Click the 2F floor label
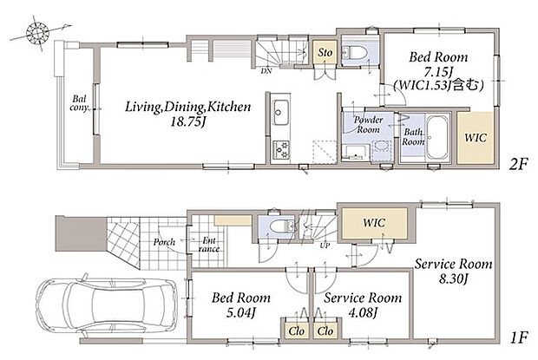518,165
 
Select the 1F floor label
518,338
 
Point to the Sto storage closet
325,52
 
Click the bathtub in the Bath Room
437,137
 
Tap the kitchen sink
281,113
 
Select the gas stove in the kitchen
281,150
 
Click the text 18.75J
188,122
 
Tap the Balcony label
79,103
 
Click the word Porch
164,242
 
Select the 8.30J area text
453,278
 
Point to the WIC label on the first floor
374,223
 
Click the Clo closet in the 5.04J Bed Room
297,331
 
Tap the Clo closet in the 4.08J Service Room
325,331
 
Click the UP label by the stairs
325,245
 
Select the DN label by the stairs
266,71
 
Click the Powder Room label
368,124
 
